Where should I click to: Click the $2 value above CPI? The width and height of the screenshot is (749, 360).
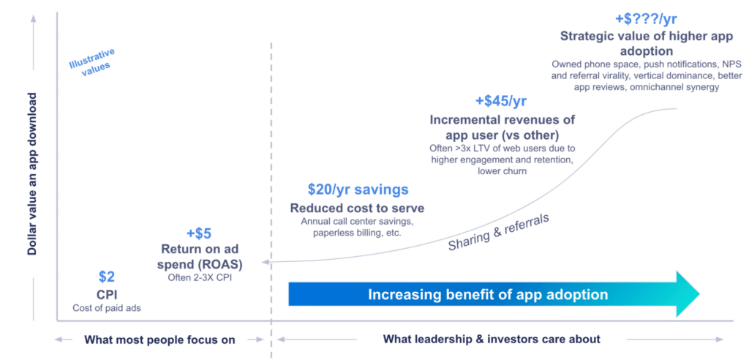(107, 277)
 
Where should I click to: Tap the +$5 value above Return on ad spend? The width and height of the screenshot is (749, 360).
(198, 233)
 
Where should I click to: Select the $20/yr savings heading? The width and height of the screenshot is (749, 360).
(358, 190)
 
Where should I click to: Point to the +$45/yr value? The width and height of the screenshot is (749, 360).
(501, 101)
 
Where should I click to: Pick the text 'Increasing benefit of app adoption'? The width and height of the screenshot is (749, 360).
(488, 295)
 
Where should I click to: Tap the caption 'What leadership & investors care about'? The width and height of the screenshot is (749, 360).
(492, 339)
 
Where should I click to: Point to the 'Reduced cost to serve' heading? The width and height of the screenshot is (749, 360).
(357, 209)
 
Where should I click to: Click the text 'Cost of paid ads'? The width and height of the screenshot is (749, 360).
(107, 308)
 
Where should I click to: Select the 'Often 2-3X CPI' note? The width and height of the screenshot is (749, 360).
(199, 277)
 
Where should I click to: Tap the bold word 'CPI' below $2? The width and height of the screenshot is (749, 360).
(107, 294)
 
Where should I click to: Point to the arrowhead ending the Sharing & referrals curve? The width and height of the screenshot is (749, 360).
(267, 261)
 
